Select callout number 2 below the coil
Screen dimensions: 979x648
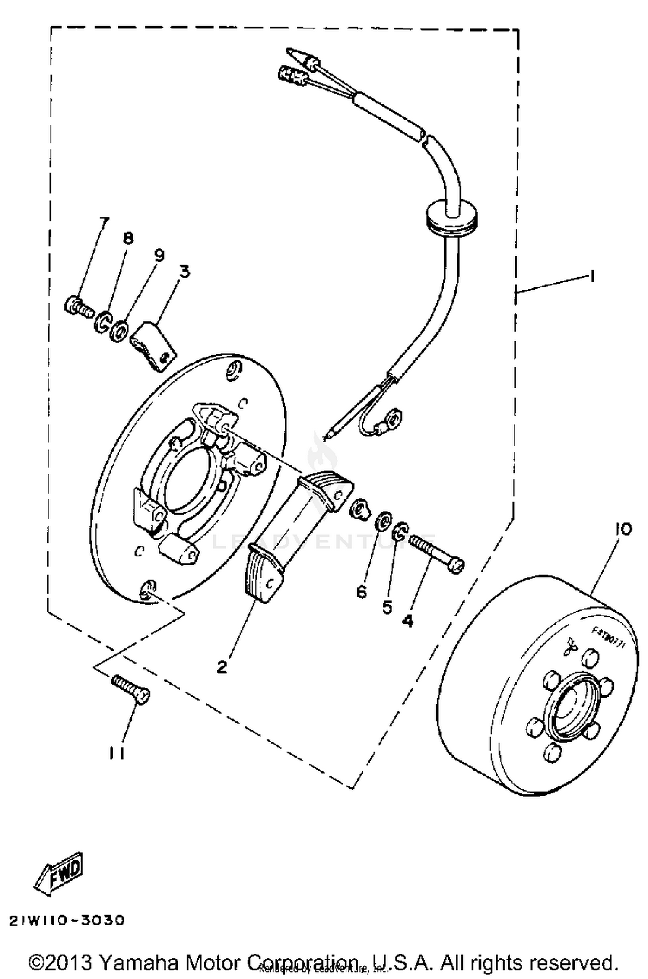tap(222, 667)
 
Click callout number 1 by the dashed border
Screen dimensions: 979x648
tap(593, 276)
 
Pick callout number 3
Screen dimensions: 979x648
tap(184, 272)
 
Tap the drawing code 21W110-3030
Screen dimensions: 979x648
tap(67, 921)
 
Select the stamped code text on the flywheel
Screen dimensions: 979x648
tap(608, 634)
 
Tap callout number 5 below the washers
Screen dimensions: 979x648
tap(387, 607)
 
